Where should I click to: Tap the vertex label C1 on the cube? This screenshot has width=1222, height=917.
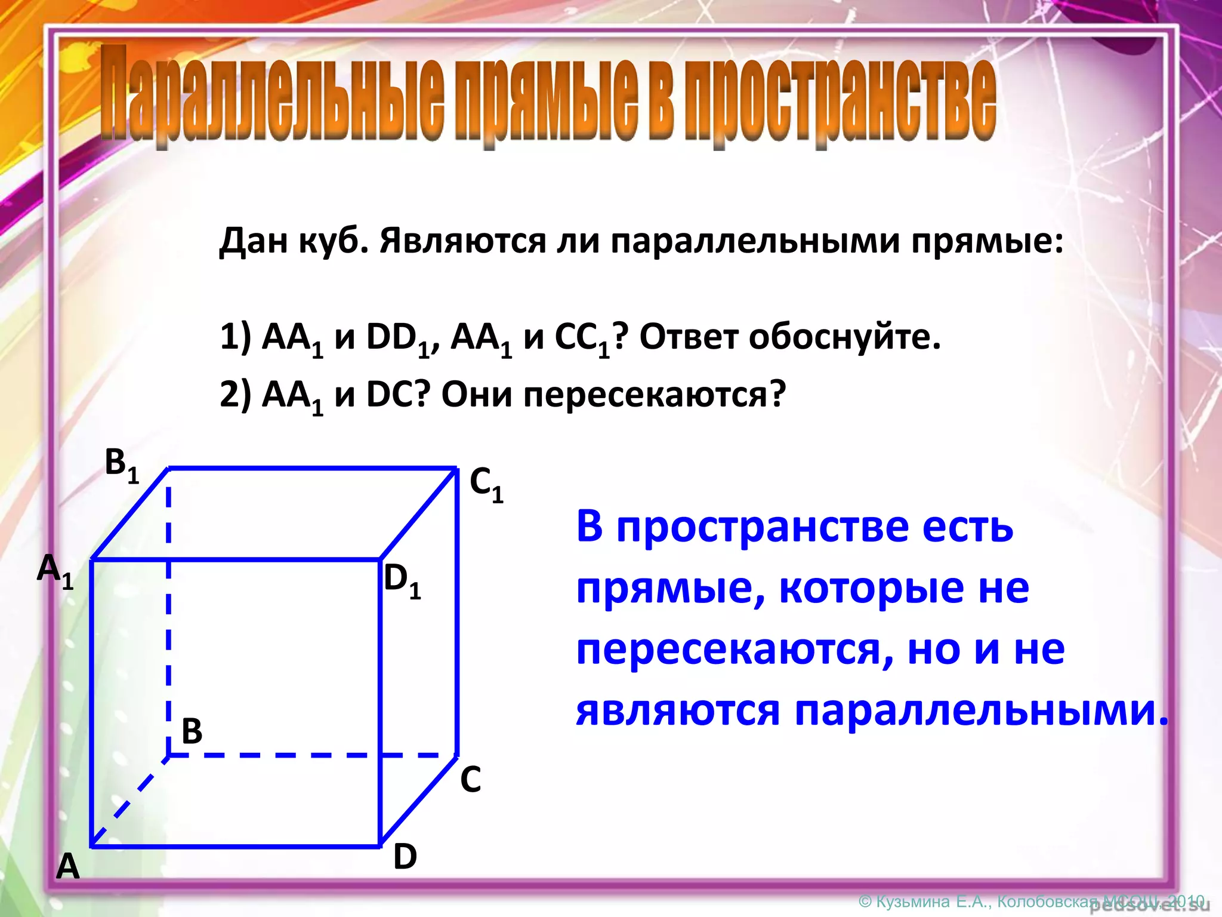pyautogui.click(x=486, y=484)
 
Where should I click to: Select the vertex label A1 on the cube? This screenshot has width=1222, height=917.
pyautogui.click(x=55, y=571)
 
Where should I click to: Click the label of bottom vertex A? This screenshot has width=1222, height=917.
pyautogui.click(x=67, y=866)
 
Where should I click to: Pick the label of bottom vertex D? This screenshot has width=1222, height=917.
pyautogui.click(x=405, y=857)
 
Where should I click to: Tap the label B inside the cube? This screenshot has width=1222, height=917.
pyautogui.click(x=192, y=731)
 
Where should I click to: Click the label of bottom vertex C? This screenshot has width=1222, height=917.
pyautogui.click(x=470, y=780)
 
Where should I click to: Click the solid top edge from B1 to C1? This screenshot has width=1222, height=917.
pyautogui.click(x=310, y=469)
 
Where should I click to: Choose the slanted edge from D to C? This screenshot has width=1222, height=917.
pyautogui.click(x=419, y=800)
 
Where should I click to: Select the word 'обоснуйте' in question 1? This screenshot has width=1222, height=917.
pyautogui.click(x=844, y=337)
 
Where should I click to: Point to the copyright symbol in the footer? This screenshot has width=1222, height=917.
pyautogui.click(x=865, y=901)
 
